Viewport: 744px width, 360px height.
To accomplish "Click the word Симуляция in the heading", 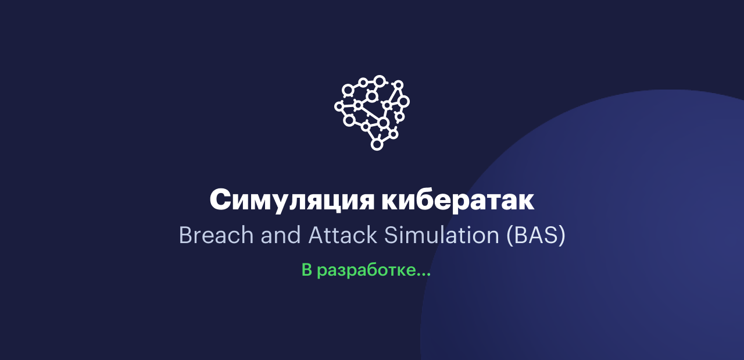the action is tap(292, 201).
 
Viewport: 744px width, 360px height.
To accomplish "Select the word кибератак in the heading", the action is tap(458, 199).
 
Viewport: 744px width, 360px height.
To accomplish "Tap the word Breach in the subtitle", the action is tap(216, 235).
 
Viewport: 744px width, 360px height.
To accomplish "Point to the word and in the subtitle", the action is tap(281, 235).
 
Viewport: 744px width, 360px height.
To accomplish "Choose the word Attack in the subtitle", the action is tap(342, 235).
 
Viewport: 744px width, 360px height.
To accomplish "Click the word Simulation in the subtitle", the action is tap(442, 235).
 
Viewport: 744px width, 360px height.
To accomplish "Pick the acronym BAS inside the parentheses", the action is tap(536, 235).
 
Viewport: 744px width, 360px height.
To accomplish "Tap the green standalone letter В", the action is tap(307, 270).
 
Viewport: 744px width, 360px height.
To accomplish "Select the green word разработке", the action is tap(367, 270).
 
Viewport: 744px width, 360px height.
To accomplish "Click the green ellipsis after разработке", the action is tap(424, 275).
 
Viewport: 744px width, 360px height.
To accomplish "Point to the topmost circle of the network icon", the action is tap(380, 81).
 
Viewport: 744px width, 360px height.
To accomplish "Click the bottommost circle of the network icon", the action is tap(377, 144).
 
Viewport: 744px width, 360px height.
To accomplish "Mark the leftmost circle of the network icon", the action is tap(339, 106).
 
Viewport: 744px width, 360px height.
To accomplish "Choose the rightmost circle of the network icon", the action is tap(403, 102).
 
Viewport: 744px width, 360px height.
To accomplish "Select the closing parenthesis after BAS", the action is tap(562, 236).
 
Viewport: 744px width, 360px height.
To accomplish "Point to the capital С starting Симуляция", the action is tap(220, 199).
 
